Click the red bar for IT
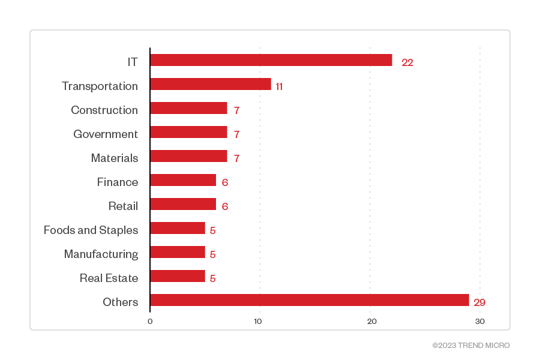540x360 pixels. coord(271,60)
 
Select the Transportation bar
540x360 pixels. coord(210,84)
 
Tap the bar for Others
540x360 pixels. coord(309,300)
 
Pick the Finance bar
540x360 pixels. coord(183,180)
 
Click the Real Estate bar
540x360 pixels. coord(178,276)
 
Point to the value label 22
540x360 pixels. coord(407,62)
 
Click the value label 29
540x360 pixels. coord(479,302)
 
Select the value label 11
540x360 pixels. coord(279,86)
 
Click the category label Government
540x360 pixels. coord(106,134)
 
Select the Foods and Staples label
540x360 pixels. coord(91,230)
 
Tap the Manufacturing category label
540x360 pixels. coord(101,254)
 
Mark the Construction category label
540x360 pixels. coord(104,110)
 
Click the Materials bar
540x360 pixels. coord(188,156)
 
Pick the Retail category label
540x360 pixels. coord(123,206)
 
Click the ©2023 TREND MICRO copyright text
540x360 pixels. coord(471,346)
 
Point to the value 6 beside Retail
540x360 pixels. coord(225,206)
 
